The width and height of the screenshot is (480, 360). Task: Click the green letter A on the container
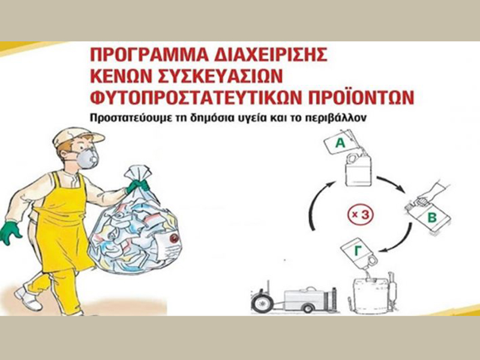click(340, 143)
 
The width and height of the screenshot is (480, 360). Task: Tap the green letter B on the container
click(431, 218)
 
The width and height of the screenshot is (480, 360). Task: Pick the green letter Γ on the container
click(358, 251)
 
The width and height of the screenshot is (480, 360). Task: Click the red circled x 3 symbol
click(361, 215)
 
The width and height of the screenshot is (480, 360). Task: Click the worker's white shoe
click(28, 298)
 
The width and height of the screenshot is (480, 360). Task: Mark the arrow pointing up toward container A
click(319, 203)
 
